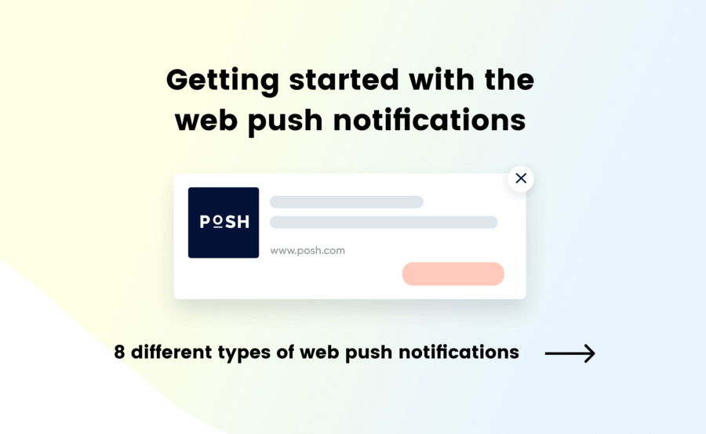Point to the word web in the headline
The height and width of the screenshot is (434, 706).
point(206,121)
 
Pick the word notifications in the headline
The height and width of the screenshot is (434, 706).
point(430,121)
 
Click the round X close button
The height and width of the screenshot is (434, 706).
point(521,179)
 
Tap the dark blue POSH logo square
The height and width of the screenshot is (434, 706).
point(224,222)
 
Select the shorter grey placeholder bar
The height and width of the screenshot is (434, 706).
point(346,202)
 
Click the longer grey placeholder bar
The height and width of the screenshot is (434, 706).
point(384,222)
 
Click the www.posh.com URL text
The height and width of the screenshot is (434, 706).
point(308,251)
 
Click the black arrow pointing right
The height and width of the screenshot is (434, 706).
point(570,353)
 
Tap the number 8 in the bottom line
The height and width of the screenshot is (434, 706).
point(119,353)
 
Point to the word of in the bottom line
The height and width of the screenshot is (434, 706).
point(286,353)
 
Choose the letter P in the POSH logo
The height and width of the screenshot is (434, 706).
point(205,222)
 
